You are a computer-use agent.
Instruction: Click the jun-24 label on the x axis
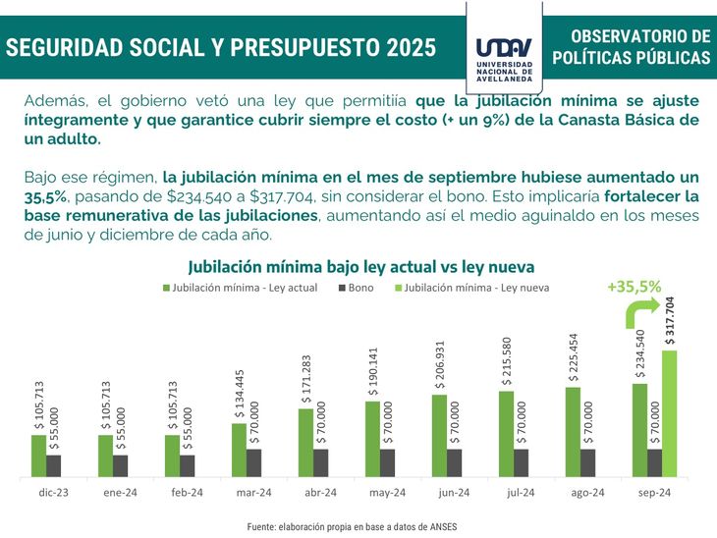(454, 492)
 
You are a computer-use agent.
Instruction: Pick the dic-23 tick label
(53, 492)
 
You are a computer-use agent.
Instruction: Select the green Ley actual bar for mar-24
(239, 450)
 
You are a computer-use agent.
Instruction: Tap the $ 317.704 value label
(670, 320)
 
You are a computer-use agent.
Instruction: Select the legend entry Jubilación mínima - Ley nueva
(470, 289)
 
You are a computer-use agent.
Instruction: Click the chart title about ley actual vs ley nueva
(360, 266)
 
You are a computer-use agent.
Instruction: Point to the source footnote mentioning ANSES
(352, 526)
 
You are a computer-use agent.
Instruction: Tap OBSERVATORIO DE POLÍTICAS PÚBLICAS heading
(631, 47)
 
